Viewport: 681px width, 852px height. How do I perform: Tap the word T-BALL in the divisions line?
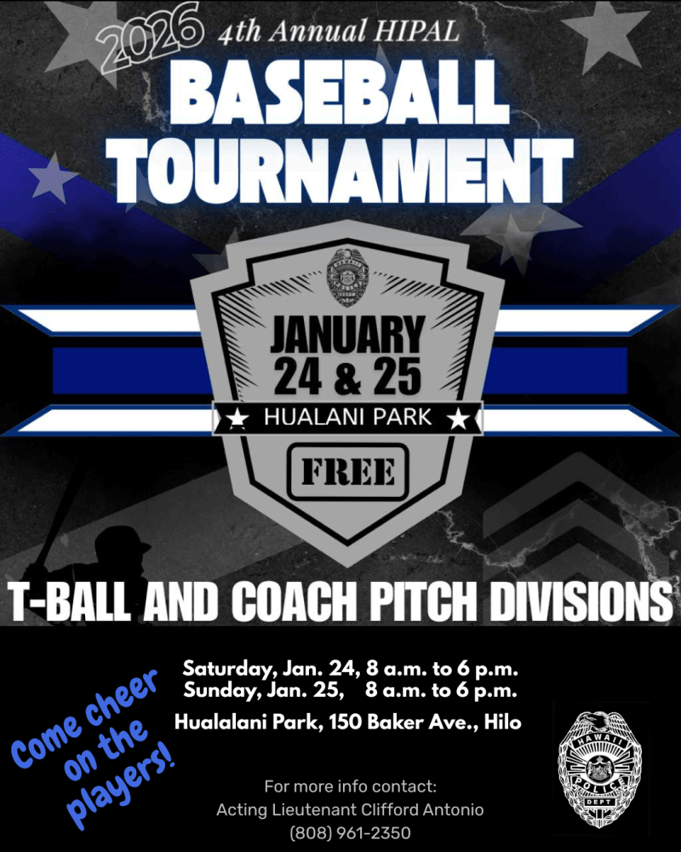[63, 602]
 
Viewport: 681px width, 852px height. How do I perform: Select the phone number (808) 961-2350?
[351, 832]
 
